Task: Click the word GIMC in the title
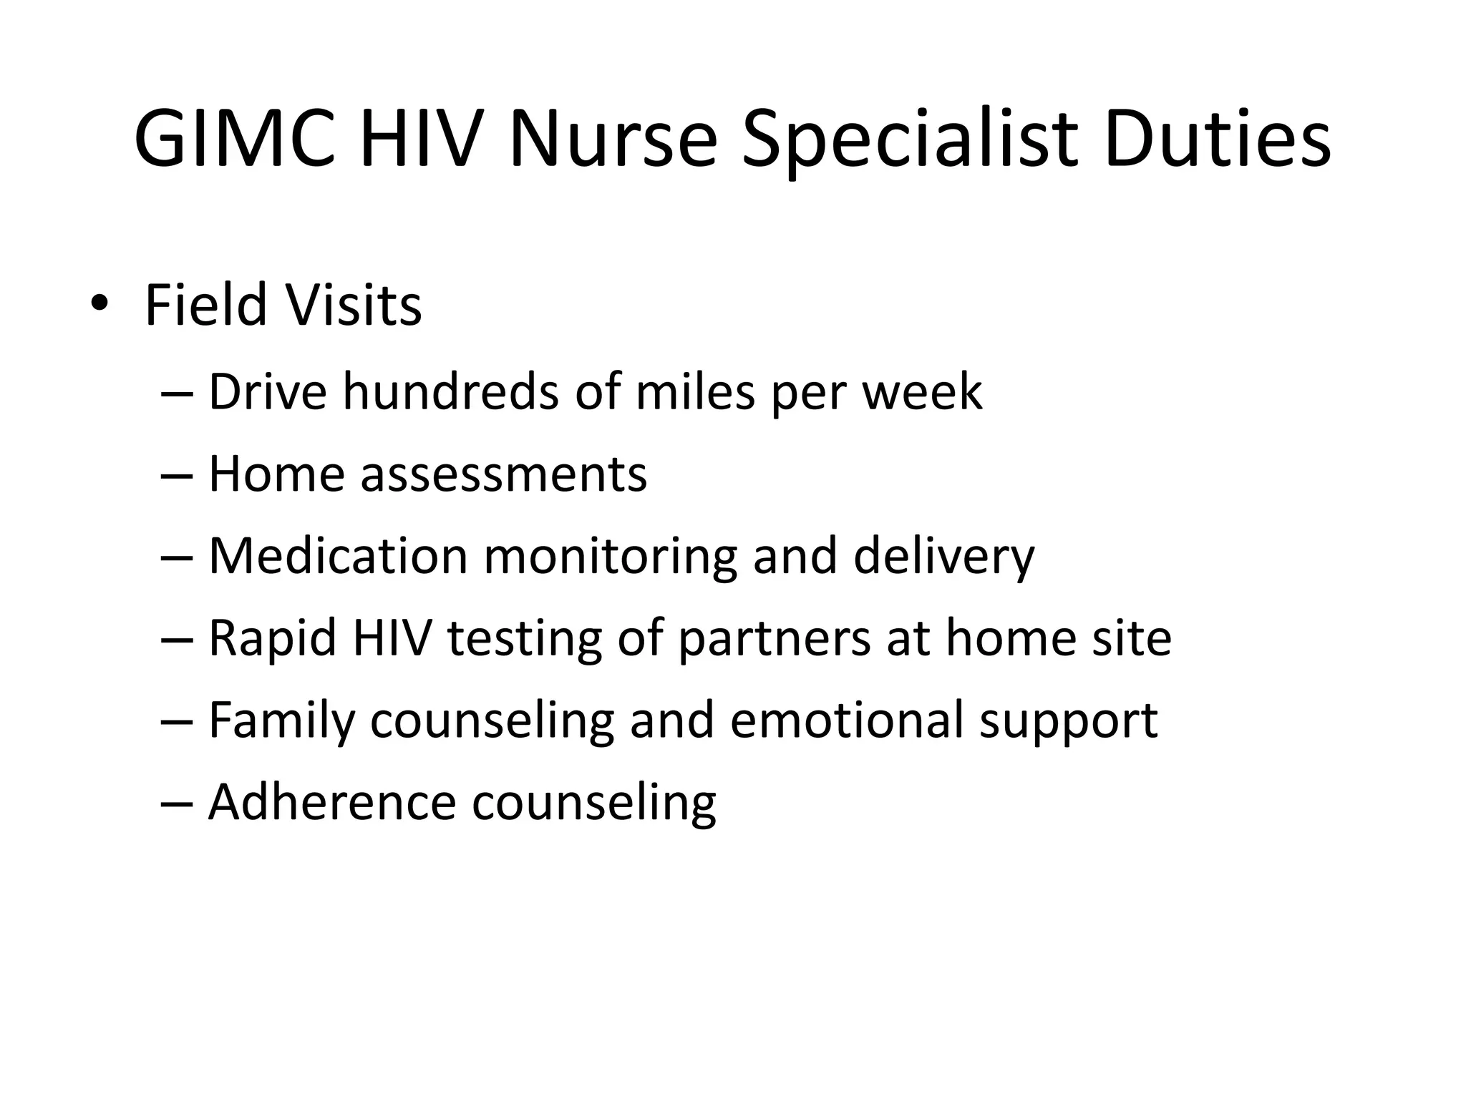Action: [x=235, y=140]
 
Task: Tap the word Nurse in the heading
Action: [x=612, y=140]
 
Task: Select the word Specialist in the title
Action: [x=909, y=140]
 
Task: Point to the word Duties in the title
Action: [x=1217, y=140]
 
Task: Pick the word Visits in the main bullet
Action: [x=354, y=306]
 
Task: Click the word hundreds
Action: [x=450, y=392]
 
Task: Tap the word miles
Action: [x=694, y=392]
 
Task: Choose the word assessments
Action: [x=503, y=474]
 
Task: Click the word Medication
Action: [x=338, y=556]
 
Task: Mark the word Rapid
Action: [x=273, y=638]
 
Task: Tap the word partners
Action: [x=774, y=638]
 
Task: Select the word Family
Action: [x=281, y=721]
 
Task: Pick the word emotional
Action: [x=847, y=721]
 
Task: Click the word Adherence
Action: [x=332, y=802]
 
